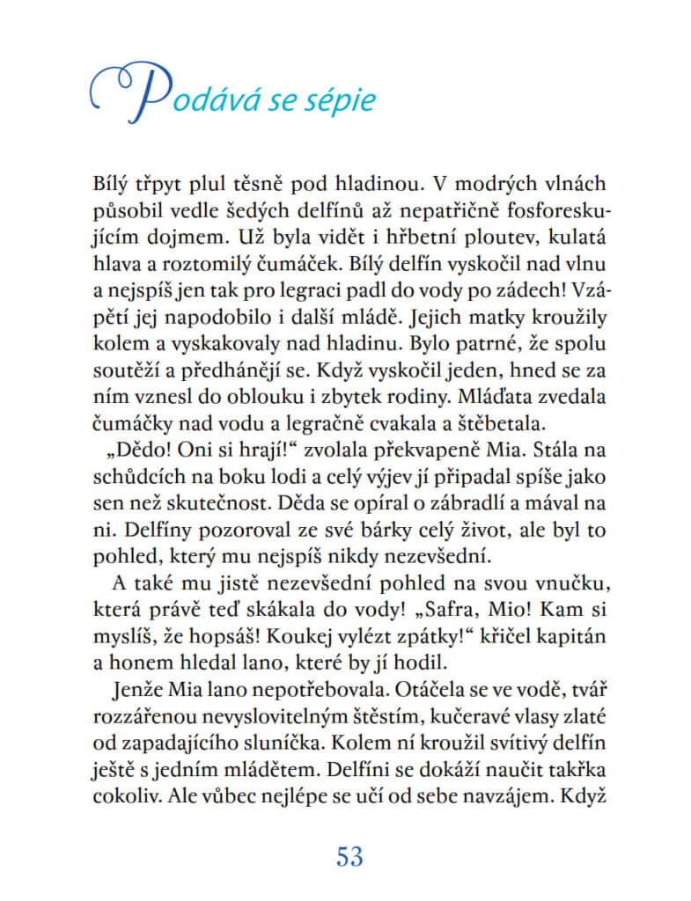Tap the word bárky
pos(371,528)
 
